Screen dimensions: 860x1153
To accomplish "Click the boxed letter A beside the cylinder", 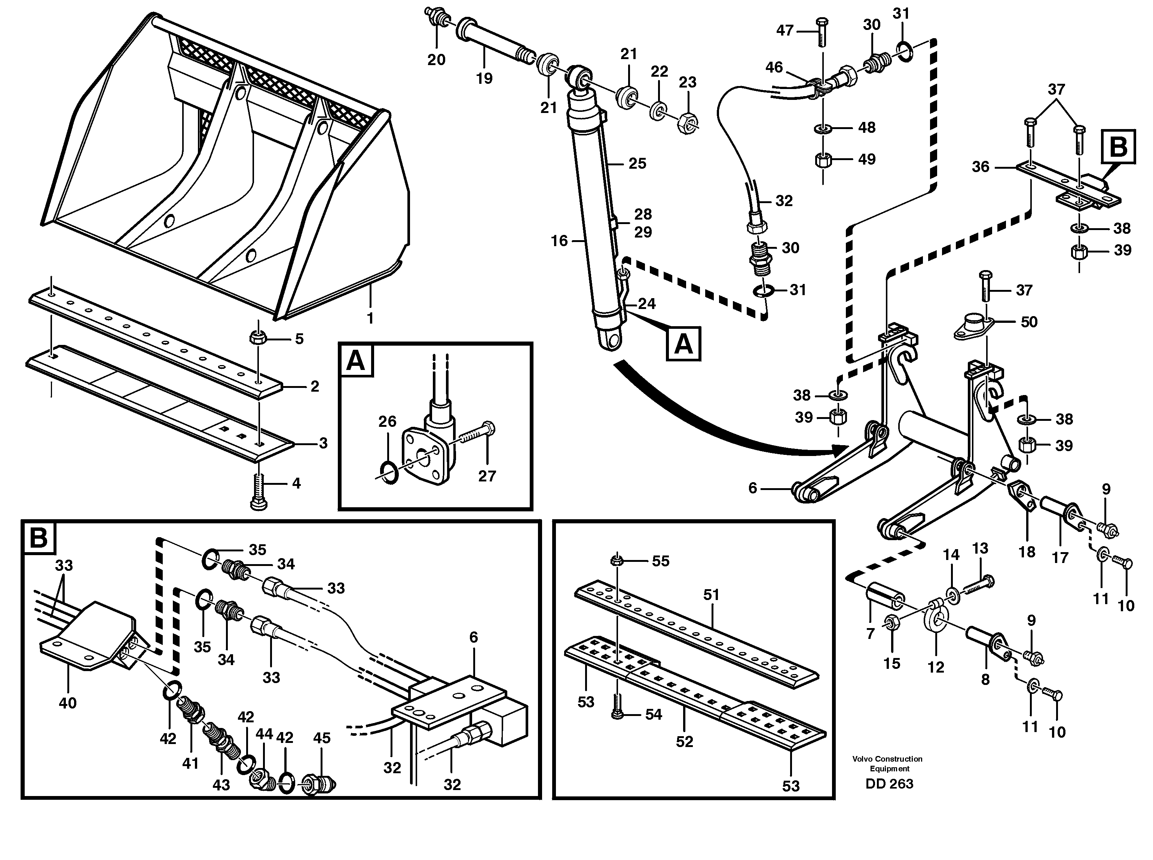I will (x=683, y=344).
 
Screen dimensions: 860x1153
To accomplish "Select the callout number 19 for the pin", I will (x=484, y=79).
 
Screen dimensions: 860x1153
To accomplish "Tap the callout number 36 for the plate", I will (x=980, y=167).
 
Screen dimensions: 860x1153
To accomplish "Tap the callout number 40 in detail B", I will (x=68, y=703).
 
